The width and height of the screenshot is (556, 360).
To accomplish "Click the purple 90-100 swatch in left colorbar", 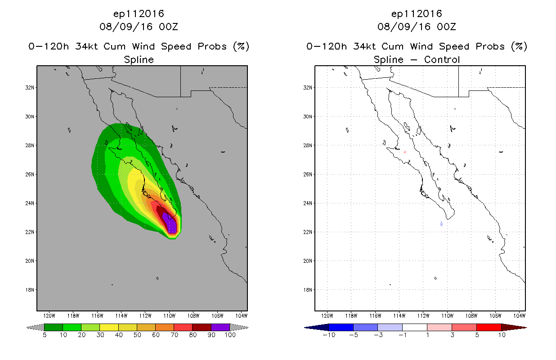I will pos(220,327).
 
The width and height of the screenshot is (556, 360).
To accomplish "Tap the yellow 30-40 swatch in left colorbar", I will pos(109,327).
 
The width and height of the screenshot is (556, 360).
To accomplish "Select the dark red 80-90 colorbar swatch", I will pos(202,327).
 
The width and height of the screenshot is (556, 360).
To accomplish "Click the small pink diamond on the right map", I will pos(405,152).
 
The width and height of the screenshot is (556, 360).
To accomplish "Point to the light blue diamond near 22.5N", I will pos(441,224).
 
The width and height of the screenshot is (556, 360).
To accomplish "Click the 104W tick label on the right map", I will pos(520,315).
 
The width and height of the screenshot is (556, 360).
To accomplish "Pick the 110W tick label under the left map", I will pos(169,315).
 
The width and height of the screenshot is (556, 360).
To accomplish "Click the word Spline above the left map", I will pos(139,59).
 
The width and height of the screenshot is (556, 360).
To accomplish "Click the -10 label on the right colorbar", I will pos(328,335).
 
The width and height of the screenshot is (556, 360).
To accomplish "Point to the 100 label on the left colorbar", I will pos(229,335).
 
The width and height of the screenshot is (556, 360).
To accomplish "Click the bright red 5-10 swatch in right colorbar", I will pos(489,327).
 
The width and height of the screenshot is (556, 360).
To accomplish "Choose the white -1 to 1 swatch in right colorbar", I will pos(415,327).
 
